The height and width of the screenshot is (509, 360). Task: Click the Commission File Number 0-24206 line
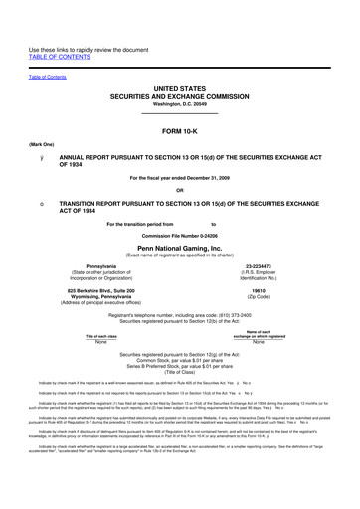tap(180, 234)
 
